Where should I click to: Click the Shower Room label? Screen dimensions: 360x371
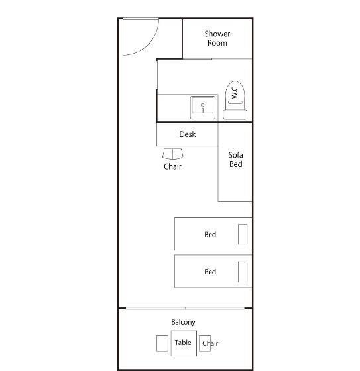(217, 38)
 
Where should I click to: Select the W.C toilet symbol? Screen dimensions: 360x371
(235, 100)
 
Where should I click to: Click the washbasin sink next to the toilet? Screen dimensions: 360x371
(203, 107)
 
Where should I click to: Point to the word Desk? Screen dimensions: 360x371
(188, 134)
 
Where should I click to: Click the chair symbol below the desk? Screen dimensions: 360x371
(172, 154)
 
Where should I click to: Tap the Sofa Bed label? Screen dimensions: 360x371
(235, 160)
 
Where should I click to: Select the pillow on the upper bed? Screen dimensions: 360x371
(243, 234)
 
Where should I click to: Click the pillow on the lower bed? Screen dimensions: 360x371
(243, 272)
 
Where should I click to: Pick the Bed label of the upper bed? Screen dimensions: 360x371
(210, 235)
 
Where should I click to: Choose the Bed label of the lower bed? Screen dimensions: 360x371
(210, 272)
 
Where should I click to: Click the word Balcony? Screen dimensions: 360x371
(184, 322)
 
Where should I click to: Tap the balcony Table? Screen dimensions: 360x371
(184, 343)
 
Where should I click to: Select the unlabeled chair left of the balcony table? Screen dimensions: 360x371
(162, 343)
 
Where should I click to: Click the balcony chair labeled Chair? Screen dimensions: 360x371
(205, 343)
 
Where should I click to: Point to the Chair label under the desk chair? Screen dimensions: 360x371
(172, 166)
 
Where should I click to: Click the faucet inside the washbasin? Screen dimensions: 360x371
(202, 107)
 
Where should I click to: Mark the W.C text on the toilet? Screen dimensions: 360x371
(235, 93)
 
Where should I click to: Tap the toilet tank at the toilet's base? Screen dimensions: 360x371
(235, 115)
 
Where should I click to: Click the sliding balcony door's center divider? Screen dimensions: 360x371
(185, 308)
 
